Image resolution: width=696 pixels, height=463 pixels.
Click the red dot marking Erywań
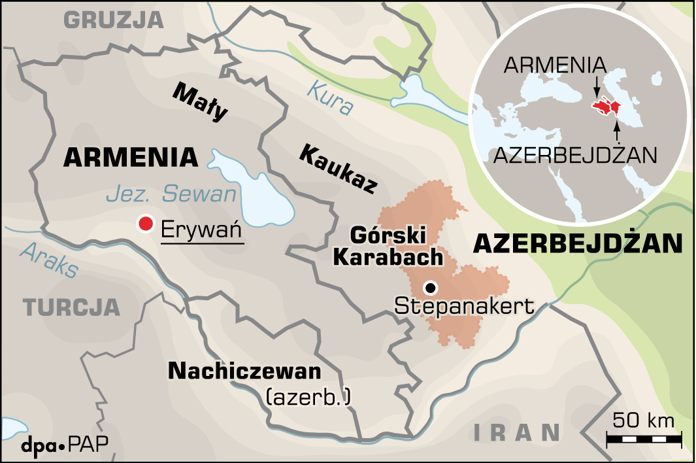(x=145, y=224)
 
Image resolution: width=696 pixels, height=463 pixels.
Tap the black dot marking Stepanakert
(x=430, y=288)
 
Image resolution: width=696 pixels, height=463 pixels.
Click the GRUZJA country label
(x=113, y=20)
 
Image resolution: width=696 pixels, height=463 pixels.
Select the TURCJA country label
(x=72, y=307)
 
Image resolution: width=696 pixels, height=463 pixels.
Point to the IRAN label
(x=517, y=431)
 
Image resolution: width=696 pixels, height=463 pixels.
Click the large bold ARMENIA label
(x=131, y=157)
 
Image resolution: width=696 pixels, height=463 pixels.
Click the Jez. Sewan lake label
(x=170, y=194)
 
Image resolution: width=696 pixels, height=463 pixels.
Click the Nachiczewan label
(x=245, y=371)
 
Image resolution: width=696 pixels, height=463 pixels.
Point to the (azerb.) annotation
(x=308, y=396)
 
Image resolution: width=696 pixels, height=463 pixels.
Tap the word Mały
(x=201, y=102)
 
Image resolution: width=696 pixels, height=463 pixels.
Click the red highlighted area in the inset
(x=607, y=107)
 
